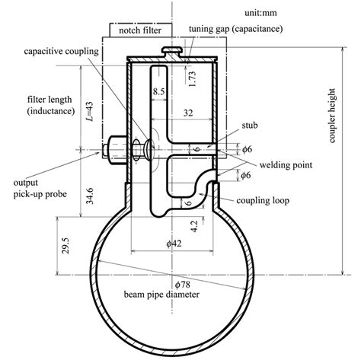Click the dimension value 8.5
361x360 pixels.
point(158,91)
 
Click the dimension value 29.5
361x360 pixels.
point(69,247)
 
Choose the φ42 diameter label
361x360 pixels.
point(175,244)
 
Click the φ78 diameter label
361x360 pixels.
point(181,283)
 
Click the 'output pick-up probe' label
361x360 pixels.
point(36,189)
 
